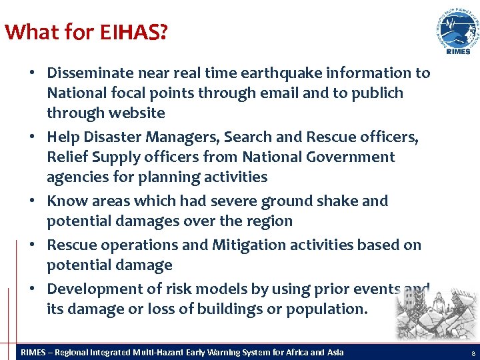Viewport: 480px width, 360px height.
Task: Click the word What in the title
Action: point(25,32)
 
